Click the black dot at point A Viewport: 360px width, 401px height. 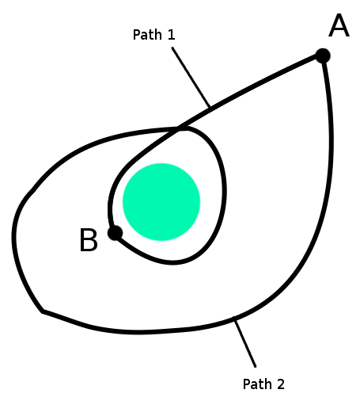(x=323, y=55)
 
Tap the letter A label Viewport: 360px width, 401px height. (x=339, y=25)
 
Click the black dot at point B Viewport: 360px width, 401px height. (x=116, y=233)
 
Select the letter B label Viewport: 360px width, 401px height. (x=89, y=240)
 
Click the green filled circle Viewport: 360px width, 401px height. (x=161, y=202)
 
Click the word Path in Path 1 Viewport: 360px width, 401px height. (x=147, y=35)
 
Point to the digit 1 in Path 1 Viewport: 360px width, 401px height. (x=171, y=35)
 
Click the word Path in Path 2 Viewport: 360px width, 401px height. (x=257, y=384)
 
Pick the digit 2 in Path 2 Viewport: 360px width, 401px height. (x=281, y=384)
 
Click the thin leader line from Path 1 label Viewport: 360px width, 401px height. (x=191, y=77)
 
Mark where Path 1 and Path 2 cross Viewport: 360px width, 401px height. (x=178, y=128)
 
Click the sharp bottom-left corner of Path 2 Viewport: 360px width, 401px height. (x=42, y=311)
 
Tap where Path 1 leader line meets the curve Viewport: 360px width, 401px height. (x=210, y=107)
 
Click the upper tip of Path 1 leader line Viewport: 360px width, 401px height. (x=172, y=48)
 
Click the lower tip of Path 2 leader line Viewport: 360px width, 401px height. (x=256, y=366)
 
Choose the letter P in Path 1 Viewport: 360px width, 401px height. (x=137, y=35)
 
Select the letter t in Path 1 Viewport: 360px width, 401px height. (x=151, y=35)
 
